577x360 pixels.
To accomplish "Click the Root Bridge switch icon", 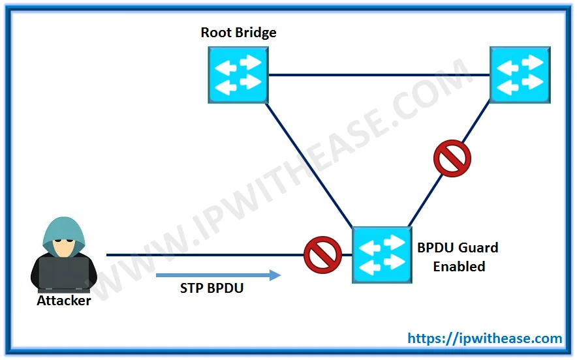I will [x=238, y=74].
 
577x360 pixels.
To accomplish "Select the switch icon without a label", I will [x=520, y=74].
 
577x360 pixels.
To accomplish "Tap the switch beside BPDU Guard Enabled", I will [x=382, y=254].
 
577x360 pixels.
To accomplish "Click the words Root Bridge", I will [x=238, y=33].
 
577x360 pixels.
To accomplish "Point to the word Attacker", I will [x=64, y=301].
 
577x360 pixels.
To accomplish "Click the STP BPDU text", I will [x=211, y=288].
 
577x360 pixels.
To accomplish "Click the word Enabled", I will [x=459, y=267].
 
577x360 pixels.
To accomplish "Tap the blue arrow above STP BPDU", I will [x=218, y=275].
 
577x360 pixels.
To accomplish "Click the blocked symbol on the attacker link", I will [x=323, y=254].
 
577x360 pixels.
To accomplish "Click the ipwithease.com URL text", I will [x=485, y=338].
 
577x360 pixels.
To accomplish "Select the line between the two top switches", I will [x=379, y=75].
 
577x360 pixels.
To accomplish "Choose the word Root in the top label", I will [x=216, y=33].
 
